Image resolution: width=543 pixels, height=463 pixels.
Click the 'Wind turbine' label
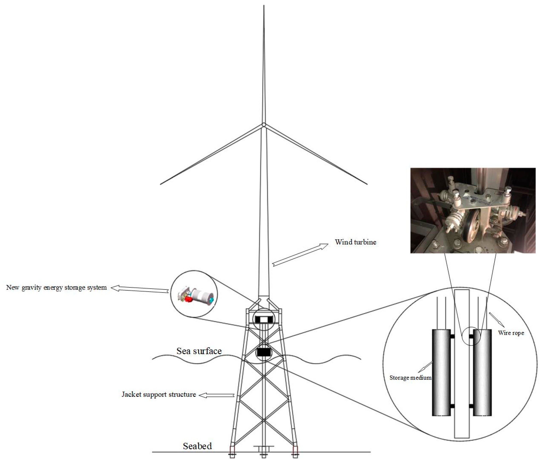tap(355, 242)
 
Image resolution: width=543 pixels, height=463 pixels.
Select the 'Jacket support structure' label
tap(159, 394)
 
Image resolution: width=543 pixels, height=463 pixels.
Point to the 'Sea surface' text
tap(199, 351)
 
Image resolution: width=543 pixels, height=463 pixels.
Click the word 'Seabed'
tap(197, 446)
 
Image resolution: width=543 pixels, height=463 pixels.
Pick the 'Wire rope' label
tap(511, 333)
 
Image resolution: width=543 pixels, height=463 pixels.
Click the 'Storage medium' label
tap(410, 378)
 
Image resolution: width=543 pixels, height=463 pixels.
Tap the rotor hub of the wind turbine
tap(264, 125)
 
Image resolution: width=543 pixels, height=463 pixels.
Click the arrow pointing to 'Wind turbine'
tap(300, 255)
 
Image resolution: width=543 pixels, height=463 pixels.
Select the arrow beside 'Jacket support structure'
tap(216, 395)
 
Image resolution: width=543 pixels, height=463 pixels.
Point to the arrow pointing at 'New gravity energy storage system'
tap(139, 289)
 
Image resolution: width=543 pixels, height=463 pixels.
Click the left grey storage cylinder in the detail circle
tap(441, 373)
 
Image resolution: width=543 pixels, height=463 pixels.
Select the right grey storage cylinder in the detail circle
tap(482, 373)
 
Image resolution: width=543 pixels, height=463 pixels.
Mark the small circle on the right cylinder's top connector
tap(471, 336)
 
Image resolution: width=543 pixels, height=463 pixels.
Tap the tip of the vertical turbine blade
tap(264, 5)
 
